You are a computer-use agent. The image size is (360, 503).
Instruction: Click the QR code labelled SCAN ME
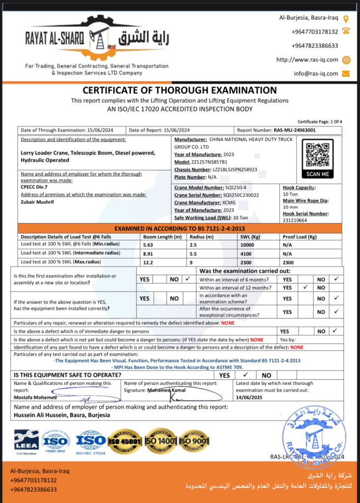pos(317,155)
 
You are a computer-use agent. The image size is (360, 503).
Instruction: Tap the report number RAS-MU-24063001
pos(295,130)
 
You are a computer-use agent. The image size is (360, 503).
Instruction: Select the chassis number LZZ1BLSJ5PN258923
pos(230,169)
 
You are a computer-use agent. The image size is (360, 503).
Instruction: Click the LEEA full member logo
pos(26,442)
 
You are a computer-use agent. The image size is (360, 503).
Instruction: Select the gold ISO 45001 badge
pos(125,441)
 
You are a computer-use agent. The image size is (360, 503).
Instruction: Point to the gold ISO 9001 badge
pos(194,441)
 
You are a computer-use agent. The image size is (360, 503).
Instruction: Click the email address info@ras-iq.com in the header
pos(316,74)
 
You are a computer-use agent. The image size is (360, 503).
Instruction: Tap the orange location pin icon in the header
pos(346,19)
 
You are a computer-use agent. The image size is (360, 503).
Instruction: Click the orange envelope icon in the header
pos(346,74)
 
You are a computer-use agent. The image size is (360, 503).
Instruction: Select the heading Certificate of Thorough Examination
pos(180,90)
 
